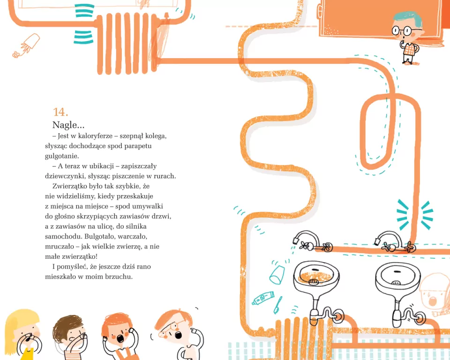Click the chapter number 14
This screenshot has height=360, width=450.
(60, 112)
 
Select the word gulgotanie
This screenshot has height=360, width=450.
(62, 156)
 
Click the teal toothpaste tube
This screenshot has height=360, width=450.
(263, 298)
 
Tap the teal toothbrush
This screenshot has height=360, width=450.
(277, 305)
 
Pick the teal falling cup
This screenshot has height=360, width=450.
(277, 275)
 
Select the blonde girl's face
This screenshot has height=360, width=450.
(28, 333)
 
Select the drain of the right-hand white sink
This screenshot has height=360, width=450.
(397, 283)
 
